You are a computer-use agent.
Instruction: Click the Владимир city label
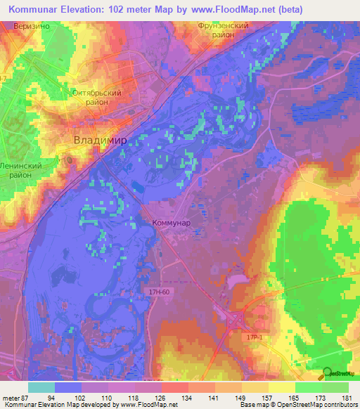101,140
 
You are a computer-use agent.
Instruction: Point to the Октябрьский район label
98,97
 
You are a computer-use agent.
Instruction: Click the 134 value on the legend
187,398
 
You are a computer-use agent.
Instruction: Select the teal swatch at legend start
41,387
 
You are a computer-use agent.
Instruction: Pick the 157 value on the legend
268,398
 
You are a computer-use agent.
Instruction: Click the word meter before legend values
11,398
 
